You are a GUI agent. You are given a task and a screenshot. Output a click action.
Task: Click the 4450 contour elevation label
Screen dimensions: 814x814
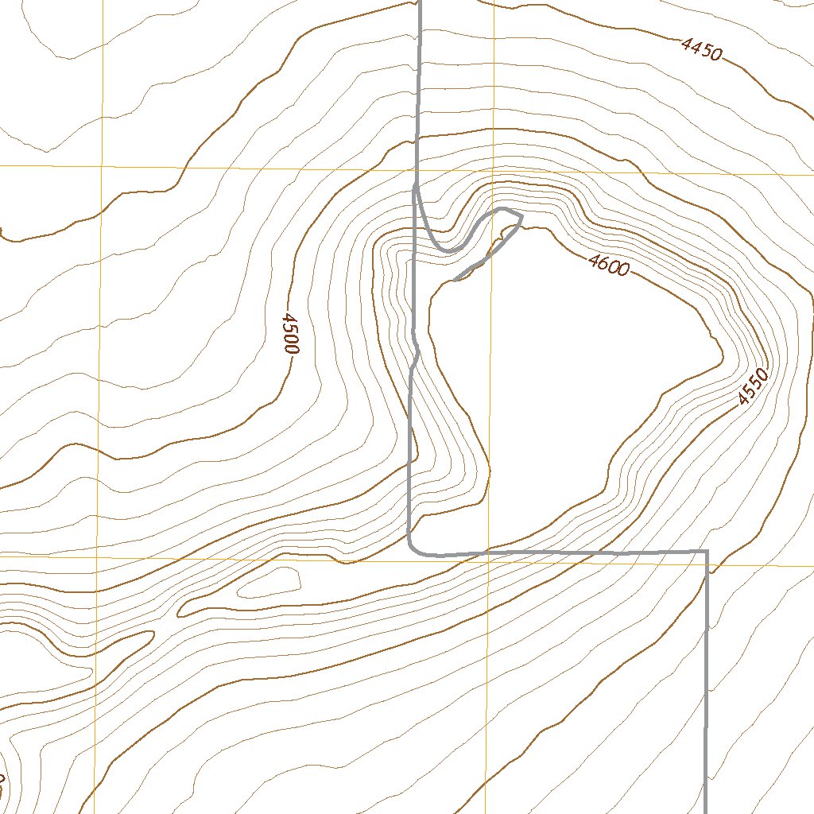point(702,50)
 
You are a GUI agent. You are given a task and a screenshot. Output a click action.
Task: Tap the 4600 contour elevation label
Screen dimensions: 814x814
point(609,264)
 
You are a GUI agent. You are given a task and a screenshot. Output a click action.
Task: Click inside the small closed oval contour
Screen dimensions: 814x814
point(270,583)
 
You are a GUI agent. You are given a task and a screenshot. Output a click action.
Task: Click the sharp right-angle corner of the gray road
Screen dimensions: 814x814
point(706,551)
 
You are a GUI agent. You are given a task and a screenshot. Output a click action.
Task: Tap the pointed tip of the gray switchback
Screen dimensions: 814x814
point(521,215)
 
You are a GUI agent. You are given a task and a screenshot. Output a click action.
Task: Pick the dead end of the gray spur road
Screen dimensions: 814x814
point(455,280)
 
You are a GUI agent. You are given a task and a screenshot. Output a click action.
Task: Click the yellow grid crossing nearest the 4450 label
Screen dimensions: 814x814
point(494,170)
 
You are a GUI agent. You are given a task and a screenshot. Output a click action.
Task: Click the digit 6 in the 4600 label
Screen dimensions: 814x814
point(603,262)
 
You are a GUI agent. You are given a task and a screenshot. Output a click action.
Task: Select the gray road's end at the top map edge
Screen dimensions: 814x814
point(419,2)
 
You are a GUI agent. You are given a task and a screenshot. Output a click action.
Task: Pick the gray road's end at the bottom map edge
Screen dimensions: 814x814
point(706,811)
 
